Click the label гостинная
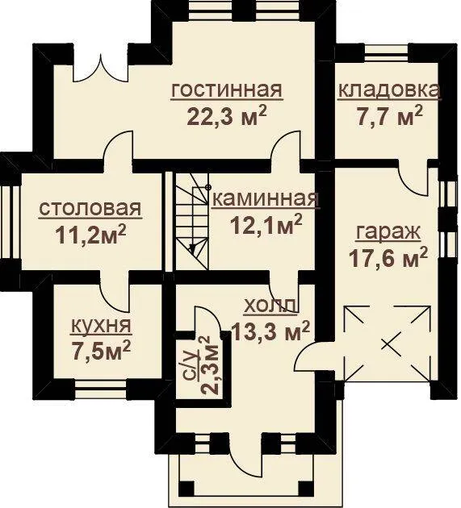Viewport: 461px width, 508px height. point(226,90)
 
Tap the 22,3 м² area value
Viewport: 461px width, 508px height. point(227,117)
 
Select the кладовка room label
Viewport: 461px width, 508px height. point(389,90)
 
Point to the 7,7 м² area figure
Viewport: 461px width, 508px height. point(390,115)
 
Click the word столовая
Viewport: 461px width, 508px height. point(90,209)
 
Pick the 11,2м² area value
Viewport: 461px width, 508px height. point(90,234)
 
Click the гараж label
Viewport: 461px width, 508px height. point(388,234)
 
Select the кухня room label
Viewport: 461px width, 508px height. point(101,327)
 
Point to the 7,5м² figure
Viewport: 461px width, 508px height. point(102,351)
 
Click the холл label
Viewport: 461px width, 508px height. point(270,306)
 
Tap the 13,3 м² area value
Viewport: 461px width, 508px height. point(270,331)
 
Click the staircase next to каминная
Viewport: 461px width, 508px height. point(191,221)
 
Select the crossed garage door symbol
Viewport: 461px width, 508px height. point(388,344)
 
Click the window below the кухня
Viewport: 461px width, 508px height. point(100,387)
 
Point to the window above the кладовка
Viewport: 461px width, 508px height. point(386,52)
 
